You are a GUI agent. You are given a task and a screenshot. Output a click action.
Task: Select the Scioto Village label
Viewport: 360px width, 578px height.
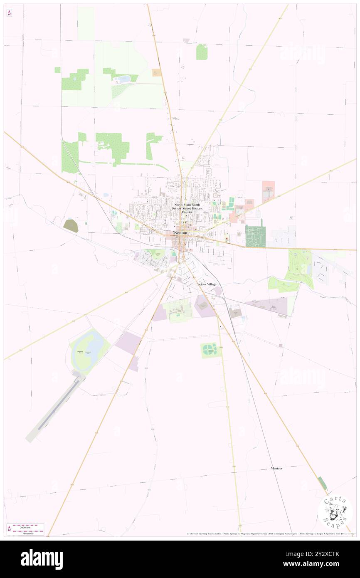click(207, 284)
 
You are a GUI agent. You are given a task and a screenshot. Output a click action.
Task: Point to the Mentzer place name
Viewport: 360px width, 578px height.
click(276, 468)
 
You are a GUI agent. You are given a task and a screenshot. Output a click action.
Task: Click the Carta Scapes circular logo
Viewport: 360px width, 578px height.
click(335, 512)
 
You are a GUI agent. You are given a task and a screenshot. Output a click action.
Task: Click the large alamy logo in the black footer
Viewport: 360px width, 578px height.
click(42, 559)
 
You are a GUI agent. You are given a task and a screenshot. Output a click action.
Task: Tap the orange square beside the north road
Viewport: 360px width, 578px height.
click(157, 72)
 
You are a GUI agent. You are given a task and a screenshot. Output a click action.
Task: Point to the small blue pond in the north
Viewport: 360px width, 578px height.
click(124, 78)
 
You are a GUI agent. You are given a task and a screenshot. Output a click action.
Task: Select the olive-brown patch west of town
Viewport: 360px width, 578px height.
click(71, 225)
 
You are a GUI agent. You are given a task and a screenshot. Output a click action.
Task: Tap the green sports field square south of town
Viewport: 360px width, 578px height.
click(209, 350)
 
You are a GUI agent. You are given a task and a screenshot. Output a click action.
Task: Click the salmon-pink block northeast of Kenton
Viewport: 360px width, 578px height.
click(268, 191)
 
